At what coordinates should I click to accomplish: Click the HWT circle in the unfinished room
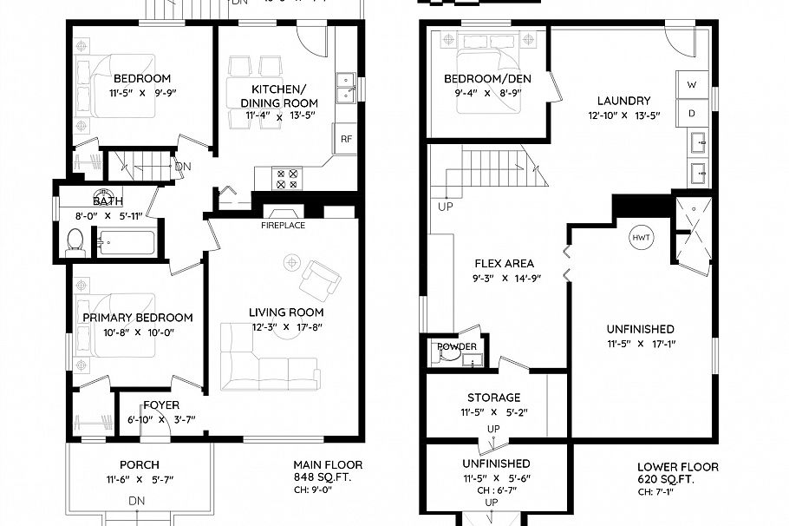pos(641,238)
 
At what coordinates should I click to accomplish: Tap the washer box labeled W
pos(692,85)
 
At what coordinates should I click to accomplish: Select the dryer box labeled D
pos(692,113)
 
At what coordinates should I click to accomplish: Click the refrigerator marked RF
pos(345,139)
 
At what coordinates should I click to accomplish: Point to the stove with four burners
pos(287,179)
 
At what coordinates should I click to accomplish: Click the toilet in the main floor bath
pos(75,240)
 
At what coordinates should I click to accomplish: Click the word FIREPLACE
pos(284,226)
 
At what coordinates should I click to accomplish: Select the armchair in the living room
pos(318,280)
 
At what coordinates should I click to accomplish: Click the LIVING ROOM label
pos(286,312)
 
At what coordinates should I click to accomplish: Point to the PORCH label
pos(139,465)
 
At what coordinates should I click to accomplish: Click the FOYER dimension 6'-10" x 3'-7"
pos(161,420)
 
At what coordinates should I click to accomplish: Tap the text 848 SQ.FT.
pos(324,477)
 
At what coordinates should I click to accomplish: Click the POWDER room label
pos(457,347)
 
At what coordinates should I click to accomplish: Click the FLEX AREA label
pos(504,263)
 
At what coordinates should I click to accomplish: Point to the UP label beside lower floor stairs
pos(447,207)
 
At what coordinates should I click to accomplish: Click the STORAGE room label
pos(493,398)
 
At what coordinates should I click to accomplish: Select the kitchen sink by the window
pos(345,89)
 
